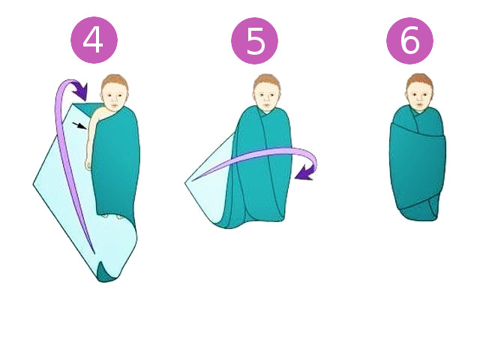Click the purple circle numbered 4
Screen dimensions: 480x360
pos(94,40)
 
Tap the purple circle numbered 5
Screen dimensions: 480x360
pos(254,40)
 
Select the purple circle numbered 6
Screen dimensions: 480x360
pos(409,40)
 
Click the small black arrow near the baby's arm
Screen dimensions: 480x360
pos(79,125)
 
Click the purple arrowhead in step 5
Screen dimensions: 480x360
pos(304,173)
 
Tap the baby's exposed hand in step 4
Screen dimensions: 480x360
pos(88,164)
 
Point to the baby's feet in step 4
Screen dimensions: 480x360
pos(112,217)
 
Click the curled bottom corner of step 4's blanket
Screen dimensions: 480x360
pos(105,272)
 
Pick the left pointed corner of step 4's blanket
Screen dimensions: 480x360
pos(34,184)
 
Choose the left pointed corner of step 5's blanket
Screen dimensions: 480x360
pos(185,183)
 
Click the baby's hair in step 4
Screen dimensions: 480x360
pos(115,81)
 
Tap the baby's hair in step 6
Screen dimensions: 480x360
pos(419,80)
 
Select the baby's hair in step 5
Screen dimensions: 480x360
pos(267,80)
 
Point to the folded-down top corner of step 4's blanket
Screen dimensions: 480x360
pos(82,108)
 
